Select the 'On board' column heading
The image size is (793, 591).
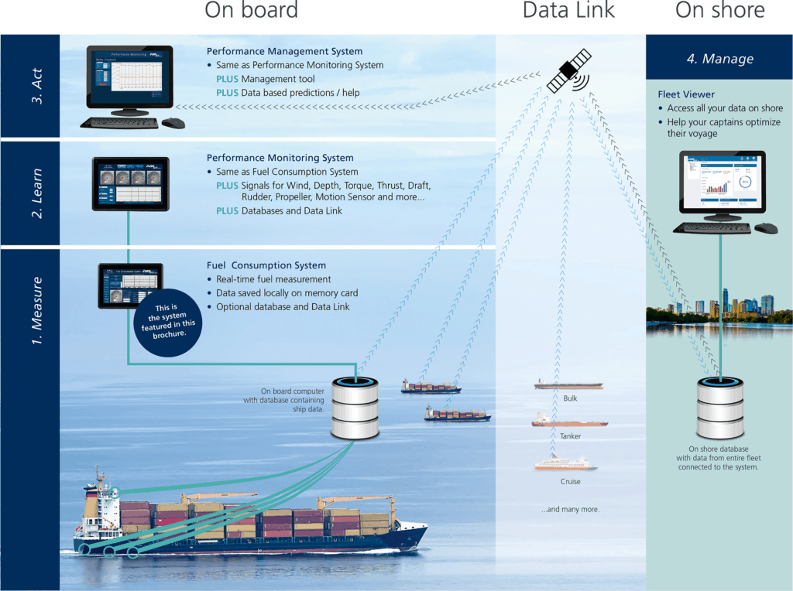point(251,11)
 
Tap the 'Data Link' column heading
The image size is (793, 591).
point(568,11)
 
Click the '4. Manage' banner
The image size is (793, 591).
point(719,59)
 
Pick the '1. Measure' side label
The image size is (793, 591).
point(36,309)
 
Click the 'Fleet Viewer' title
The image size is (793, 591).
point(686,94)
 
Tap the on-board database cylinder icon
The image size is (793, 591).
point(356,408)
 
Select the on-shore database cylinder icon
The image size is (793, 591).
point(719,408)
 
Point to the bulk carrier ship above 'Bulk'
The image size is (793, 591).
point(568,384)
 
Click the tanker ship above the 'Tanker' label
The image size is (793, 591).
point(569,422)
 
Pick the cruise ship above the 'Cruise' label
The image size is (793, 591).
point(565,464)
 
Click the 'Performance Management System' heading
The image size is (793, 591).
point(284,51)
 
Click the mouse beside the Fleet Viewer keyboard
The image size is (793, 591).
point(765,228)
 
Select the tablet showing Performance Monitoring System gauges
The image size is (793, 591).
point(131,183)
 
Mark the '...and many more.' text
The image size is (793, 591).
point(570,510)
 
